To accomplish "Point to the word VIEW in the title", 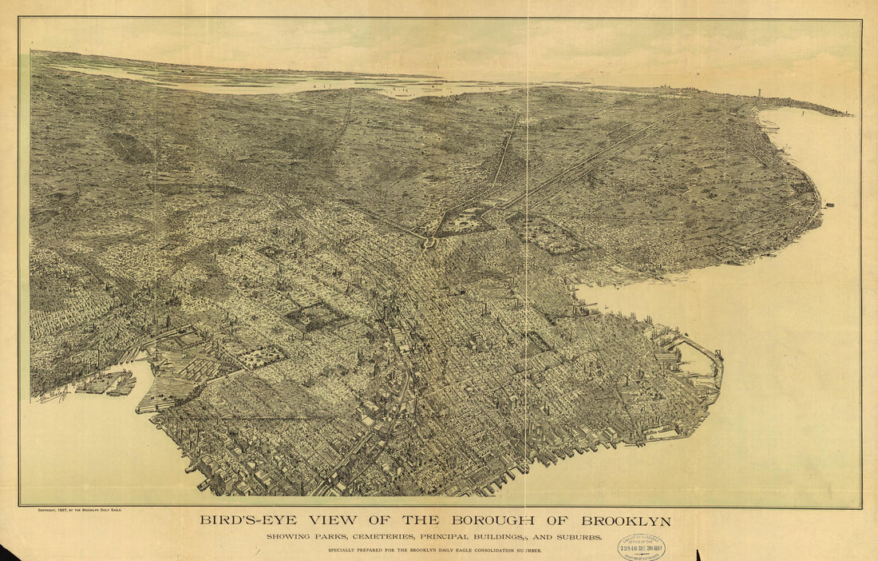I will tap(328, 521).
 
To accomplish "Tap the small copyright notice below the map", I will tap(79, 509).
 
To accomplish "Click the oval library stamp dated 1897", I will tap(640, 547).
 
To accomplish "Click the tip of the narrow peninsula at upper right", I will tap(850, 115).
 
